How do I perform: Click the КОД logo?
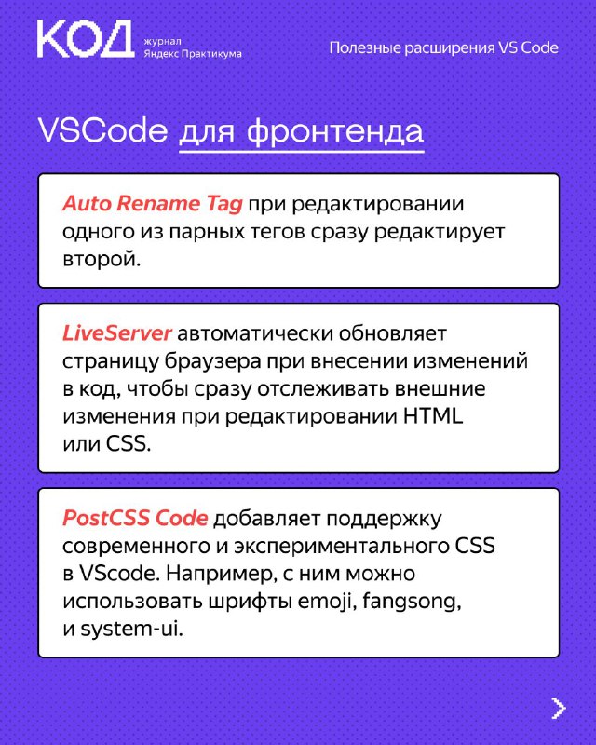coord(86,39)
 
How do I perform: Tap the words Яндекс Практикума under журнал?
coord(193,54)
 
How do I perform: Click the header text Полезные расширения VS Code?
coord(444,48)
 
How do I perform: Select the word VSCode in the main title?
coord(102,130)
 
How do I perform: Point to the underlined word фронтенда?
coord(335,132)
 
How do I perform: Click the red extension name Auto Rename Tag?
coord(152,204)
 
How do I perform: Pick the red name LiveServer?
coord(117,333)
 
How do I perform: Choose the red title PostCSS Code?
coord(135,518)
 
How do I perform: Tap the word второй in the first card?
coord(102,260)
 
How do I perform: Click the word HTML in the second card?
coord(433,416)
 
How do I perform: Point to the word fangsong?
coord(412,602)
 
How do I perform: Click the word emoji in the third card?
coord(327,602)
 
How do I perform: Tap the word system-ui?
coord(131,630)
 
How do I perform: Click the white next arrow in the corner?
coord(559,708)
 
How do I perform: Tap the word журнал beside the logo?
coord(163,41)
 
